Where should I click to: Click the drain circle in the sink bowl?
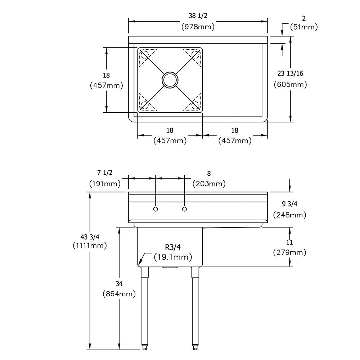pos(170,80)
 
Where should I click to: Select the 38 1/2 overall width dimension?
pos(198,15)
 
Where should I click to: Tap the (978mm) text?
pos(198,26)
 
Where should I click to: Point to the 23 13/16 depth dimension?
pos(290,73)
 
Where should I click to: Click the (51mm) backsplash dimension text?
pos(304,27)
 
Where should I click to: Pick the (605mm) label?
pos(290,85)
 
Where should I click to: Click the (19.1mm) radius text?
pos(173,257)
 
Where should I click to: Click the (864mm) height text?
pos(119,294)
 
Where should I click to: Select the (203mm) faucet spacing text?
pos(209,184)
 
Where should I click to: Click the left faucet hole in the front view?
pos(156,209)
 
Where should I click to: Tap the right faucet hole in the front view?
pos(185,209)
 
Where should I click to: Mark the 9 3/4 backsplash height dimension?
pos(289,204)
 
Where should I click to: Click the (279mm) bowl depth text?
pos(290,252)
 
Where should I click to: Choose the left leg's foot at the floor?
pos(144,348)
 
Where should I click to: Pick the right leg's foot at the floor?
pos(195,348)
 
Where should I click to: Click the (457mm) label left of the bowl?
pos(106,86)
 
